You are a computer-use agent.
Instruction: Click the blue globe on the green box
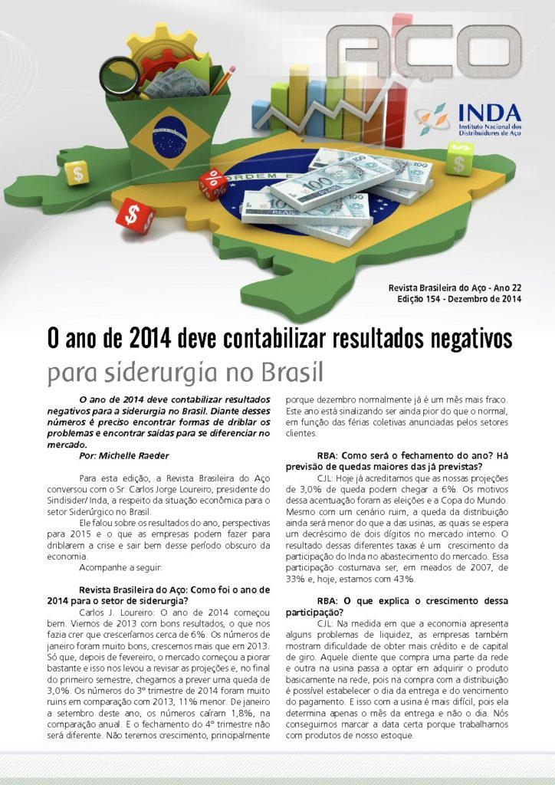[x=165, y=132]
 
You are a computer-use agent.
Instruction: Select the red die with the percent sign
[x=212, y=184]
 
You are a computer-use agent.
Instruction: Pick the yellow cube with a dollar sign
[x=77, y=172]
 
